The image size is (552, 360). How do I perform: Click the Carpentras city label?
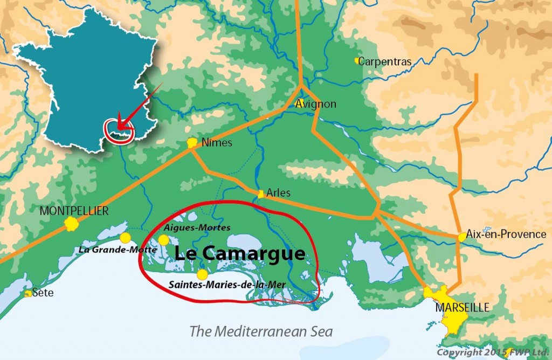click(x=384, y=62)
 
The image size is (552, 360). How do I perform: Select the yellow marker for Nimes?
click(x=192, y=143)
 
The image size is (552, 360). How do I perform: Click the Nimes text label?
click(x=217, y=143)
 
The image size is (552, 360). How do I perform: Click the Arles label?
click(x=278, y=193)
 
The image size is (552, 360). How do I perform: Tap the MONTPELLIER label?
click(x=74, y=211)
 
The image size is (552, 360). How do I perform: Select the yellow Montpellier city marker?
click(x=71, y=225)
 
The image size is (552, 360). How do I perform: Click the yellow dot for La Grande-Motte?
click(x=125, y=238)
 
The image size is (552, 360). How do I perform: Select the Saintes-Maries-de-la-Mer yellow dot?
click(x=202, y=274)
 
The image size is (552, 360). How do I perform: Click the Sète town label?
click(x=41, y=293)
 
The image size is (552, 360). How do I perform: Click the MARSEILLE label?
click(x=462, y=308)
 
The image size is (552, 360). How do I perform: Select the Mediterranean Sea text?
click(x=261, y=331)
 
